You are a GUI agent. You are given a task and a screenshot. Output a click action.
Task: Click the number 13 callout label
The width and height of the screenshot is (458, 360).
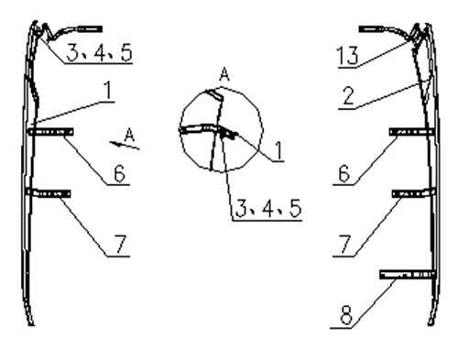(x=347, y=55)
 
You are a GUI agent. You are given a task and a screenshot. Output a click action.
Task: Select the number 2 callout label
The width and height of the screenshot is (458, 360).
(x=349, y=96)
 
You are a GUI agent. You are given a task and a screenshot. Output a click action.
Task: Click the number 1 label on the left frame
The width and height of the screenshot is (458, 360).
(x=107, y=91)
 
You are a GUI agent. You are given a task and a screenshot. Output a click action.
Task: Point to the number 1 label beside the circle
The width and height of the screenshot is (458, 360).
(x=278, y=151)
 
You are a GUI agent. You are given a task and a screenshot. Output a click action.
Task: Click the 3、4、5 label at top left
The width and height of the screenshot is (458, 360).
(x=99, y=52)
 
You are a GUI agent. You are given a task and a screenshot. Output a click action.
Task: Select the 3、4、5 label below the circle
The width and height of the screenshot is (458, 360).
(x=268, y=209)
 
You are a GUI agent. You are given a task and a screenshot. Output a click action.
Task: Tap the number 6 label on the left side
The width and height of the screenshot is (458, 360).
(x=119, y=174)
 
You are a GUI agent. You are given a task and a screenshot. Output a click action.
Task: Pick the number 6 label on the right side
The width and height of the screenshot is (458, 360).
(x=344, y=174)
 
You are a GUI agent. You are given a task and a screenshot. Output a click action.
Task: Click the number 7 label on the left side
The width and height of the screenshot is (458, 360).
(x=120, y=245)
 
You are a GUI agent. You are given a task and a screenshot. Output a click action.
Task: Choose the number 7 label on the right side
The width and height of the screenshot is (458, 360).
(x=345, y=245)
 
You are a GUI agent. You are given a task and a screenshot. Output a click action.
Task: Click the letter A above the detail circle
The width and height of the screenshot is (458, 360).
(x=224, y=74)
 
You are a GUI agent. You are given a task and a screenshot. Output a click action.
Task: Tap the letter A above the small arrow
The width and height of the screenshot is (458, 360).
(x=130, y=135)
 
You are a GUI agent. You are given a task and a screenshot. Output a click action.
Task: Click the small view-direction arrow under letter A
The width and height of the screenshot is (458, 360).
(x=125, y=146)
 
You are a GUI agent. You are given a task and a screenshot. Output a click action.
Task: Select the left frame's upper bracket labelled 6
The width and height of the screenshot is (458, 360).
(x=50, y=132)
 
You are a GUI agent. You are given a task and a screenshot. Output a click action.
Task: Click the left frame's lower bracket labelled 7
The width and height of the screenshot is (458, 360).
(x=49, y=193)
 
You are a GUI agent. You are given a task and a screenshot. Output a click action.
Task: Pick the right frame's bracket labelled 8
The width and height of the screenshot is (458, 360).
(x=408, y=275)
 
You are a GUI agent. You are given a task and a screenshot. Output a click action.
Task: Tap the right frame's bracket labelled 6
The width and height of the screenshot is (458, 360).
(x=411, y=132)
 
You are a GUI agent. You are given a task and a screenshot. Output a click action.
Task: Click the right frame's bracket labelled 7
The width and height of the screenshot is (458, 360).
(x=414, y=193)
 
